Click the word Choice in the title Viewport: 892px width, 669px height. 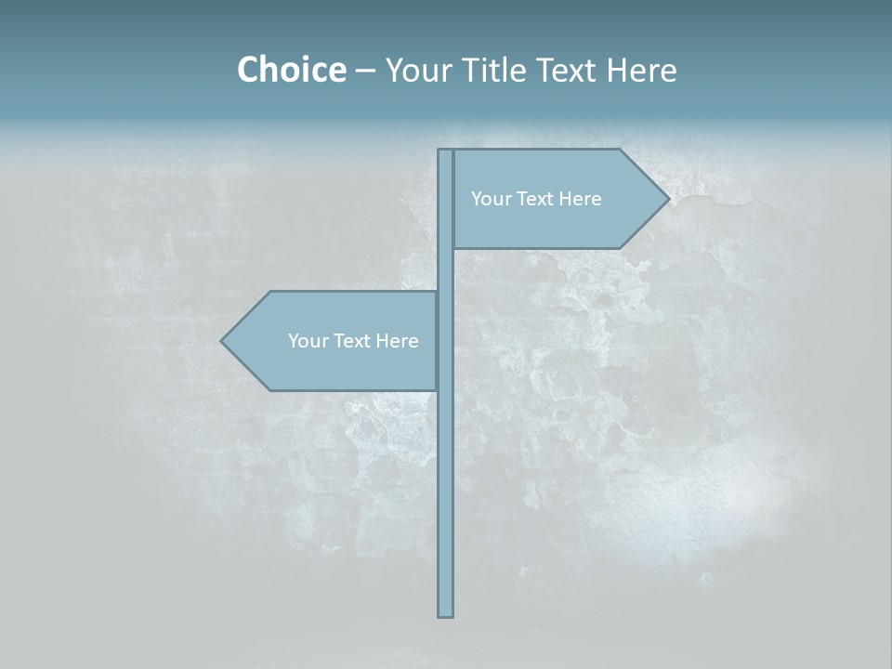pyautogui.click(x=291, y=70)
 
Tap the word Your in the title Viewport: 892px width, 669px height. pyautogui.click(x=419, y=70)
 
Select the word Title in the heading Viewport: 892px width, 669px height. pyautogui.click(x=498, y=70)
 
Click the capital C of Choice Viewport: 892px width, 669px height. pyautogui.click(x=248, y=70)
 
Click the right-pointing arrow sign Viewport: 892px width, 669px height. pyautogui.click(x=548, y=223)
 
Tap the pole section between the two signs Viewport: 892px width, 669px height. pyautogui.click(x=446, y=269)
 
